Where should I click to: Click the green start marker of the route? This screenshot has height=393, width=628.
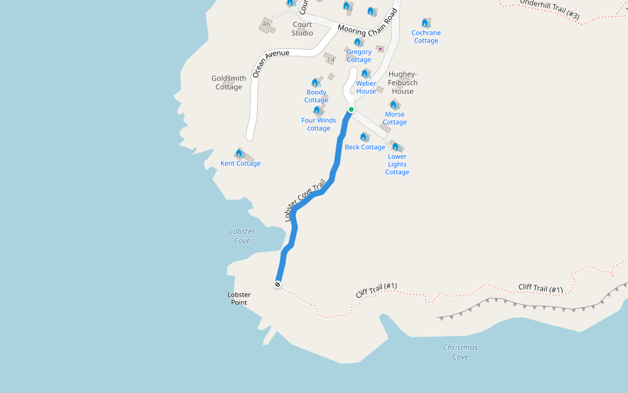(351, 109)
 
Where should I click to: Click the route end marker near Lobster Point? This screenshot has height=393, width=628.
(278, 284)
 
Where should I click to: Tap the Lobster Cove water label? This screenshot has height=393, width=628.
(242, 236)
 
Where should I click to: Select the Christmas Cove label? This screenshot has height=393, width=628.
(460, 352)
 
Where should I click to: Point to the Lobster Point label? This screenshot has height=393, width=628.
(239, 299)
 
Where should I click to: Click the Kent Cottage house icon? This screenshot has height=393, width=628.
(239, 153)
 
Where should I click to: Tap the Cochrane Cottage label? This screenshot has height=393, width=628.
(426, 37)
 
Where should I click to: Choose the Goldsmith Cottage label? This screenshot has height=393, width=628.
(229, 83)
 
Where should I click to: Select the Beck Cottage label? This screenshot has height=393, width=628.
(365, 147)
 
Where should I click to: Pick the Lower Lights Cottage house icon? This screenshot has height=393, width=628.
(396, 147)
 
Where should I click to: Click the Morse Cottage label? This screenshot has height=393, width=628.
(394, 119)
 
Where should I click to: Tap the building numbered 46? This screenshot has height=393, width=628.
(266, 24)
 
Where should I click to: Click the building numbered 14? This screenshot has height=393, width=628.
(330, 60)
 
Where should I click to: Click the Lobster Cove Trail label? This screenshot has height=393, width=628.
(305, 202)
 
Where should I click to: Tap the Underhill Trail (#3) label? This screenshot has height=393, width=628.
(549, 9)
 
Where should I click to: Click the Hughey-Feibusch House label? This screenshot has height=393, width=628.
(403, 83)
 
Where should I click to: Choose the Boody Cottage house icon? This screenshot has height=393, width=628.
(315, 83)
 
